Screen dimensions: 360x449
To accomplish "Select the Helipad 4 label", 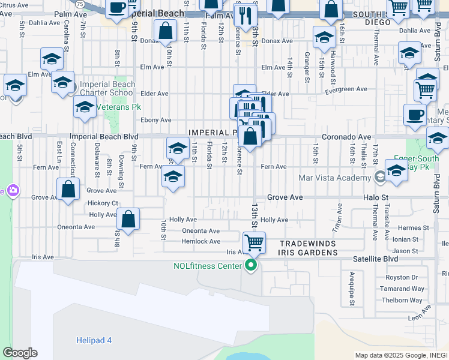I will tap(94, 340).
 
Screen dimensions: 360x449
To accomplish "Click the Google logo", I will tap(20, 353).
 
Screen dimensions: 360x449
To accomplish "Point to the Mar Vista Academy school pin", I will tap(379, 177).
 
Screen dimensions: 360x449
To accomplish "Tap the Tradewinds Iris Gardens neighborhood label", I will tap(309, 247).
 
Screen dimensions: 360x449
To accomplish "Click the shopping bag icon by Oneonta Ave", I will tap(128, 219).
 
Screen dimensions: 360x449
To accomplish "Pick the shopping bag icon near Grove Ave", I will tap(69, 189).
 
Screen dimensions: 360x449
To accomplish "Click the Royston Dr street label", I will tap(402, 277).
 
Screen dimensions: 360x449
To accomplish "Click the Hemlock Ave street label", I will tap(200, 241).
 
